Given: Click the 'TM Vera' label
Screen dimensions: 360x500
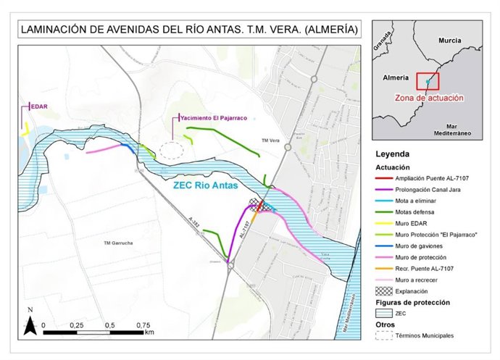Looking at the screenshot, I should (x=271, y=141).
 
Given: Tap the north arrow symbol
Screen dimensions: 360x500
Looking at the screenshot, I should (x=31, y=323).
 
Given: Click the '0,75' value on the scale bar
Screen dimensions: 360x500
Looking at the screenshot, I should (x=145, y=326).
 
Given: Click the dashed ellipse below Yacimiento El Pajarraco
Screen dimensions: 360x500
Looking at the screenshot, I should (x=172, y=151).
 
